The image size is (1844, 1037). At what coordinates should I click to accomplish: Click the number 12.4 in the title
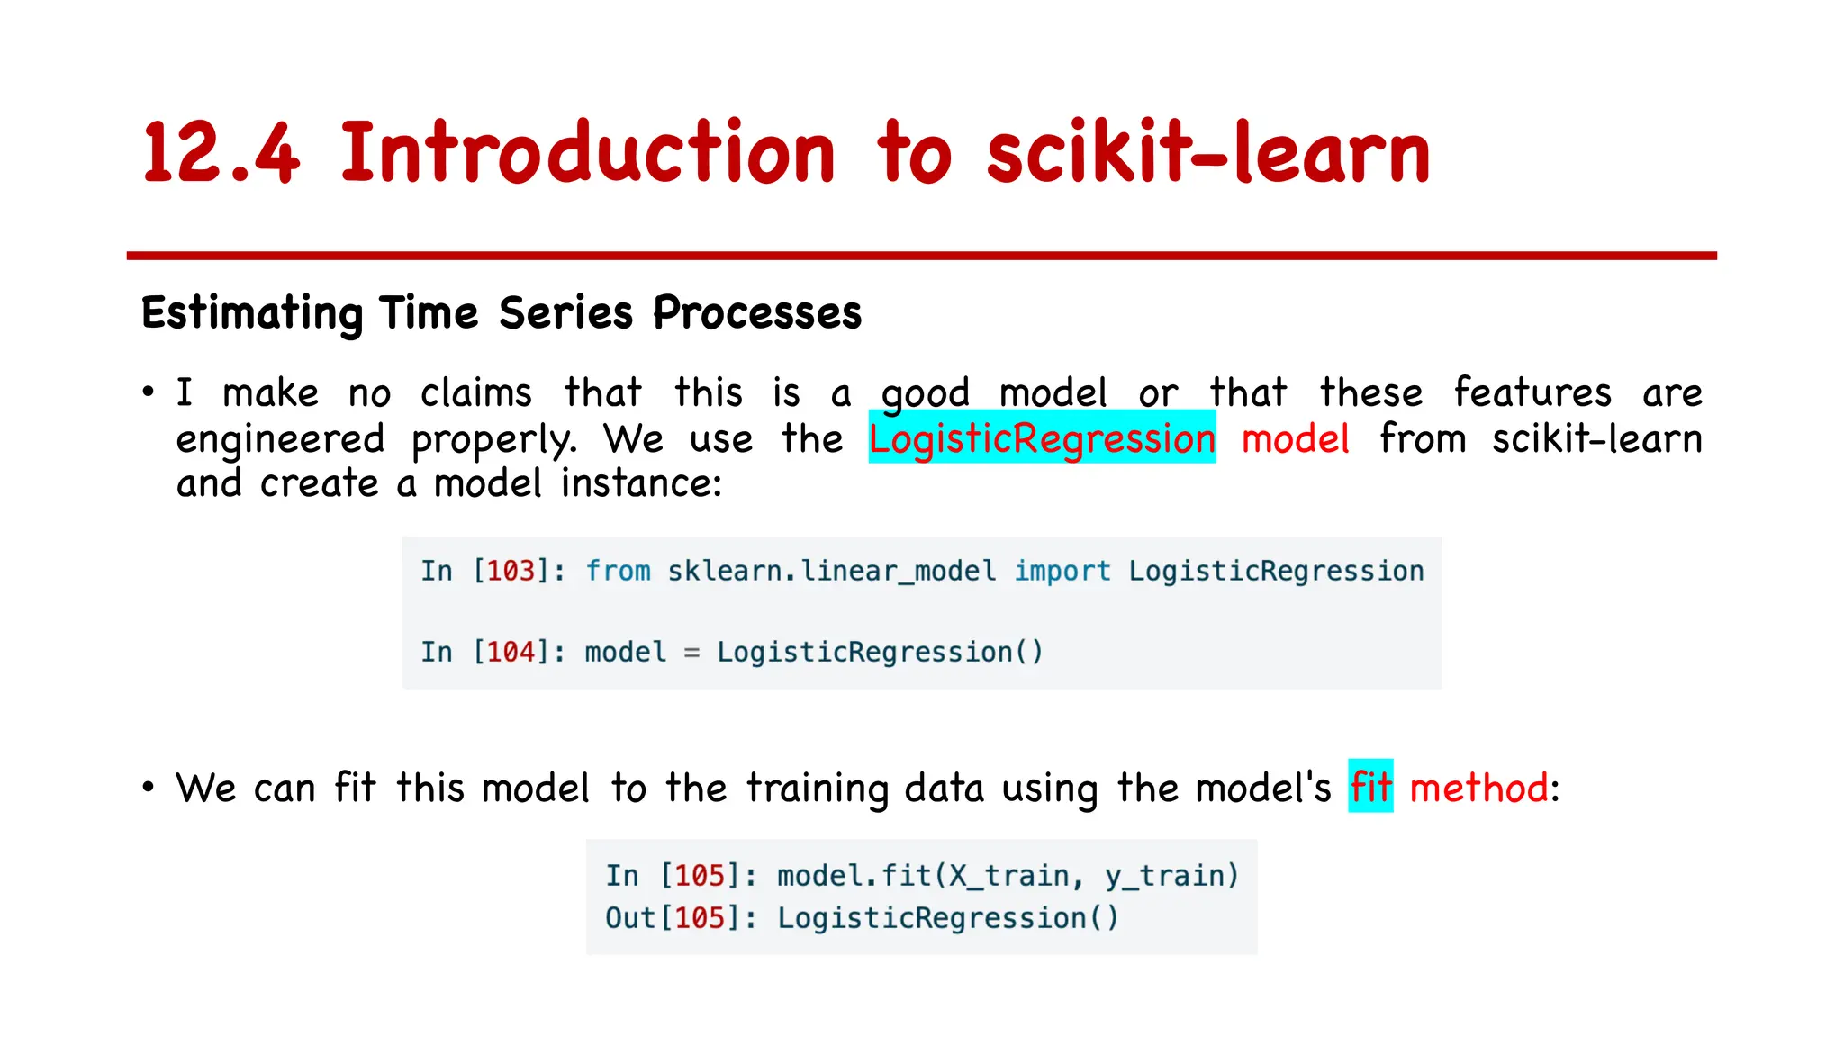(x=221, y=153)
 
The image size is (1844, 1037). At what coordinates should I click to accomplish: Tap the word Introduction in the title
(x=588, y=153)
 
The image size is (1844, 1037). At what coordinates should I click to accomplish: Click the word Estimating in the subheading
(x=251, y=313)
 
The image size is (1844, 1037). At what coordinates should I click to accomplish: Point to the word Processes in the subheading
(x=757, y=313)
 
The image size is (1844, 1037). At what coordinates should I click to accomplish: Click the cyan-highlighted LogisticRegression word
(x=1042, y=438)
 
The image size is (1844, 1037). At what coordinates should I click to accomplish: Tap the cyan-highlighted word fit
(x=1370, y=788)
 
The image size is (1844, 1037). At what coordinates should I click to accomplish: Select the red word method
(x=1478, y=788)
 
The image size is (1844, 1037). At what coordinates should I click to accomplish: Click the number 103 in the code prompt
(x=511, y=571)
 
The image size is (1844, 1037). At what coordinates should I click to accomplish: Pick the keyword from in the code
(x=618, y=571)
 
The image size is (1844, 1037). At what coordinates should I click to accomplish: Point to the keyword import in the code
(x=1062, y=571)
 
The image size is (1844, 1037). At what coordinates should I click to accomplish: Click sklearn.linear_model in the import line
(x=832, y=571)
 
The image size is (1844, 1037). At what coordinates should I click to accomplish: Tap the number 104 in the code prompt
(x=511, y=652)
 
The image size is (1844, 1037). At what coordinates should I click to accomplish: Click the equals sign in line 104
(x=691, y=653)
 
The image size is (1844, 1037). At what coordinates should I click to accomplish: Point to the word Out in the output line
(x=630, y=918)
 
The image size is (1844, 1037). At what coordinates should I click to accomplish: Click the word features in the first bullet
(x=1532, y=393)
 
